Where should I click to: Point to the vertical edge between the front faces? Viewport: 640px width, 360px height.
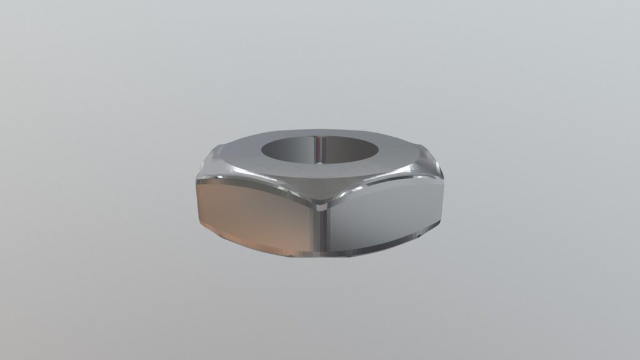tap(324, 231)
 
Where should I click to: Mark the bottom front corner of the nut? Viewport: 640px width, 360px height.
tap(325, 256)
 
